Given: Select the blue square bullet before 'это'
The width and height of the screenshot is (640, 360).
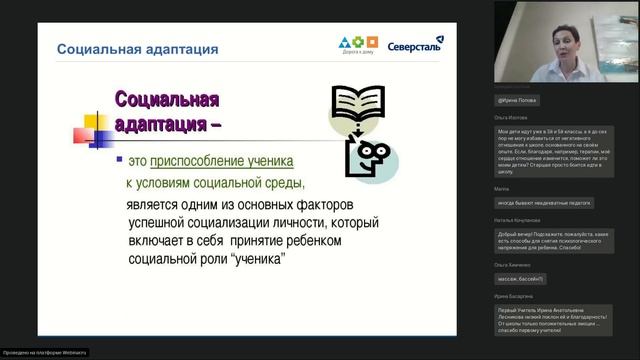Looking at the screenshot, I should point(119,159).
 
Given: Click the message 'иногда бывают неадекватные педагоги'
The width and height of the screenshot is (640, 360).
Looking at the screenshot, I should point(543,202).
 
